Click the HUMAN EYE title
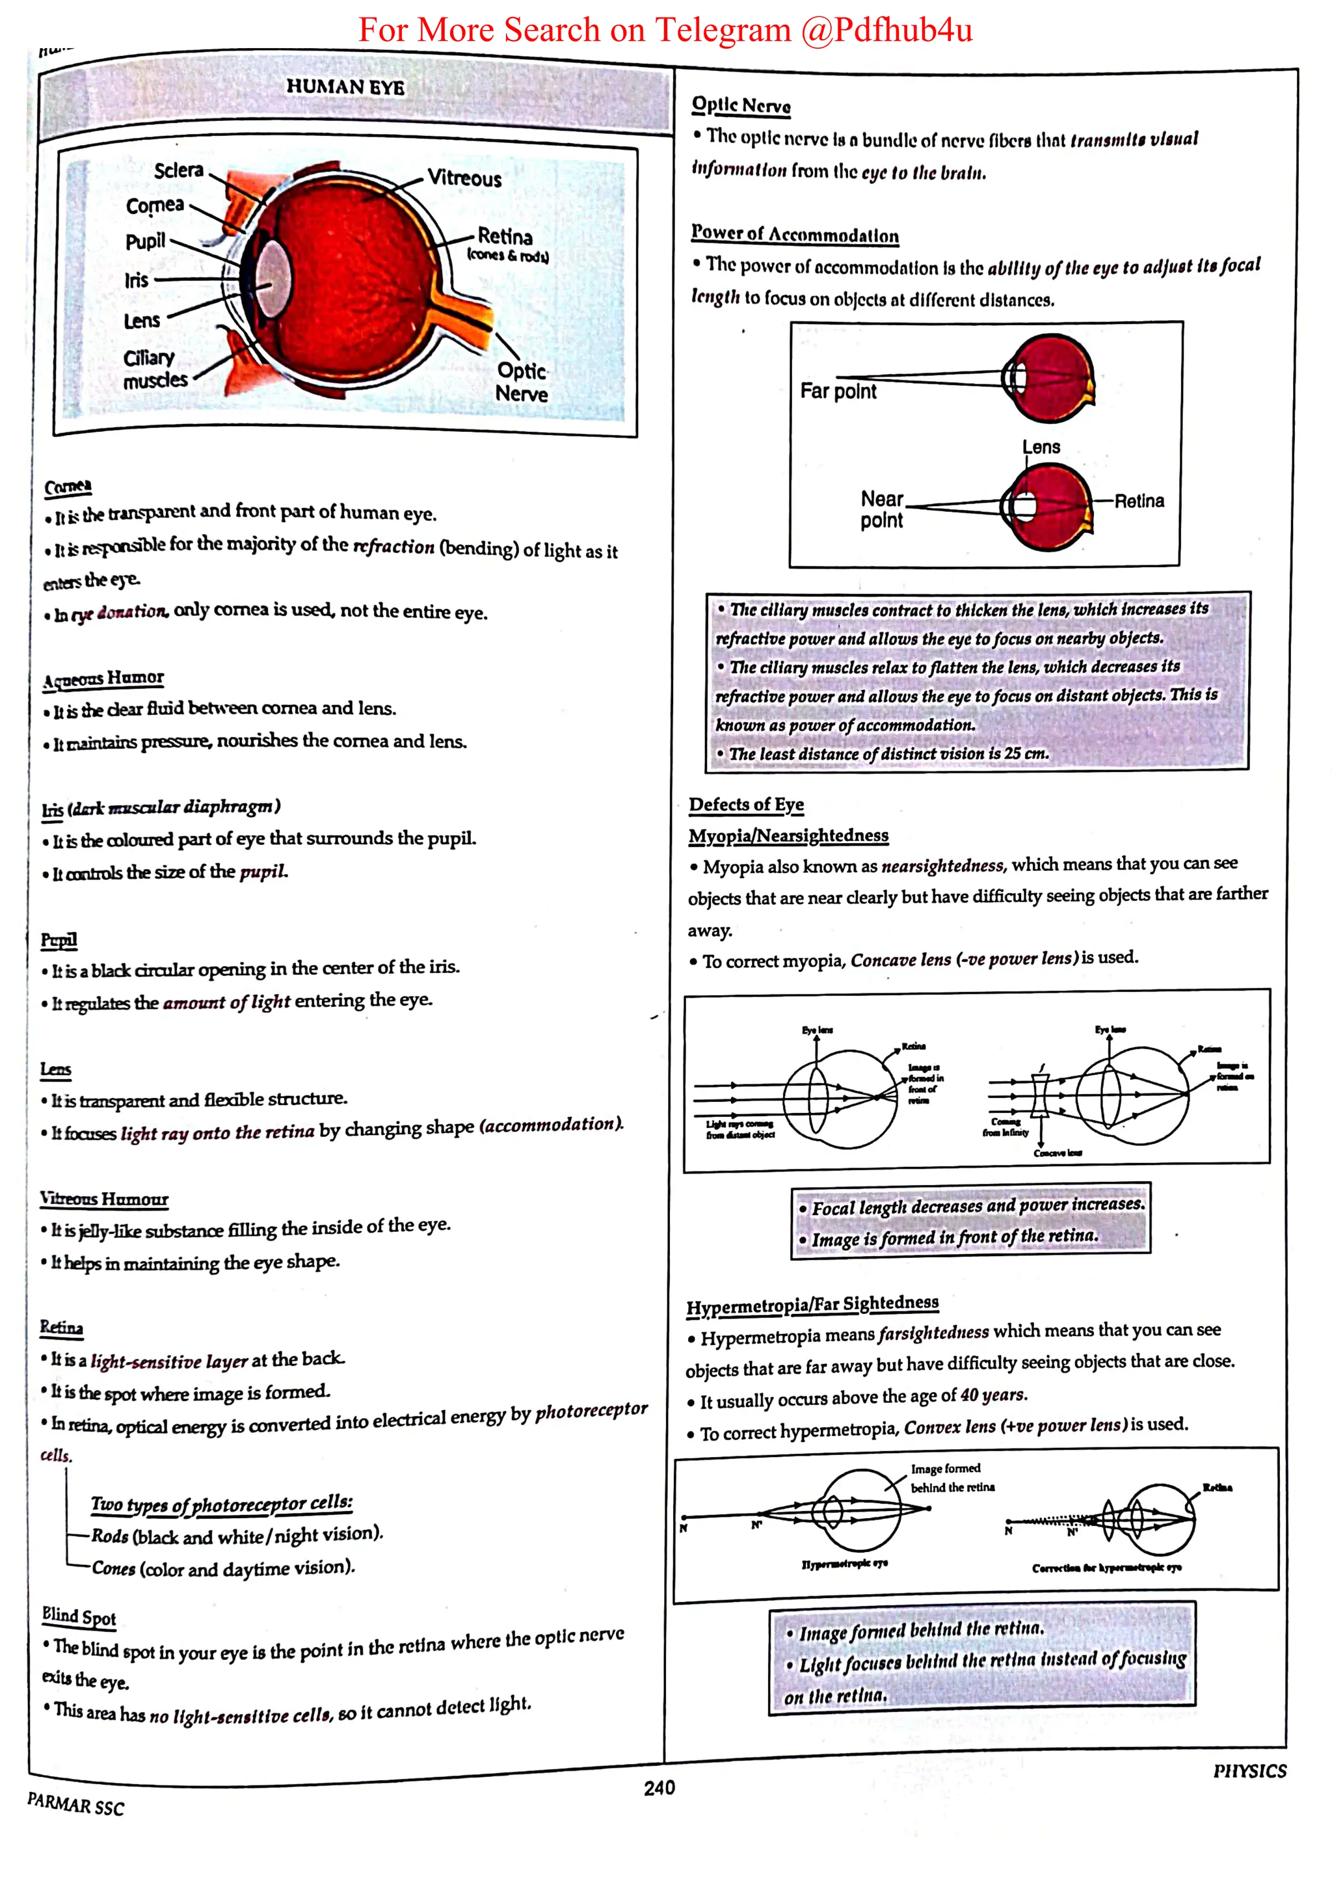pyautogui.click(x=345, y=87)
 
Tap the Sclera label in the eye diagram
pyautogui.click(x=178, y=170)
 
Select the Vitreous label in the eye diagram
pyautogui.click(x=464, y=178)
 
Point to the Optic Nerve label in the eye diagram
pyautogui.click(x=521, y=382)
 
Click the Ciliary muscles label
pyautogui.click(x=154, y=369)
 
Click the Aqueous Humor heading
pyautogui.click(x=103, y=678)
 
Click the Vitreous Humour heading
pyautogui.click(x=104, y=1199)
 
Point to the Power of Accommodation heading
pyautogui.click(x=794, y=235)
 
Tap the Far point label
pyautogui.click(x=838, y=392)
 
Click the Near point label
pyautogui.click(x=881, y=510)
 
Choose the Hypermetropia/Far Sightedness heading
pyautogui.click(x=812, y=1305)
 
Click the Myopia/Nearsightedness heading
pyautogui.click(x=788, y=836)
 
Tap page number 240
pyautogui.click(x=659, y=1787)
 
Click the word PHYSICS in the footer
pyautogui.click(x=1249, y=1771)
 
